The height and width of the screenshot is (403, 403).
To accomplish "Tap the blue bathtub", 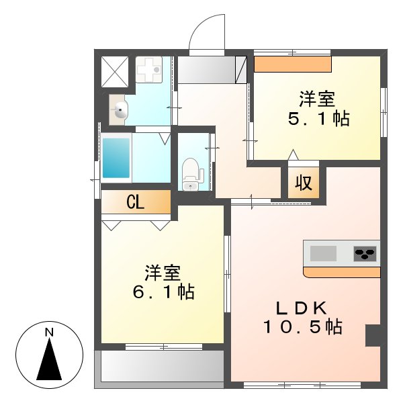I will tap(116, 159).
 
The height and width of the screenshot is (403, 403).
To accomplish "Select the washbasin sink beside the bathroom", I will tap(120, 111).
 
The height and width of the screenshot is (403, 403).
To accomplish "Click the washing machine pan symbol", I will tap(147, 69).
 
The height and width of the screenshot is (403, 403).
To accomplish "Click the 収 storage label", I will tap(304, 183).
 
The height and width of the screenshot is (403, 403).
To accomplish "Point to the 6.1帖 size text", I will tap(163, 293).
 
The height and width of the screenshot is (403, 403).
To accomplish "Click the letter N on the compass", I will tap(49, 332).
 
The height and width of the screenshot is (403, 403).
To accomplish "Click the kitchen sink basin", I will tap(322, 254).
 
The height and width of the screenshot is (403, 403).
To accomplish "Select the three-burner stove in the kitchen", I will tap(365, 254).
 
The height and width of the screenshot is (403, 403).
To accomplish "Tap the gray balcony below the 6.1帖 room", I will tap(161, 367).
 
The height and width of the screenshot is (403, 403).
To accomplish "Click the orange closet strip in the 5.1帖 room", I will tap(293, 64).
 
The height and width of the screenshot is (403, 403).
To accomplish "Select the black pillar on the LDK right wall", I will tap(373, 334).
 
